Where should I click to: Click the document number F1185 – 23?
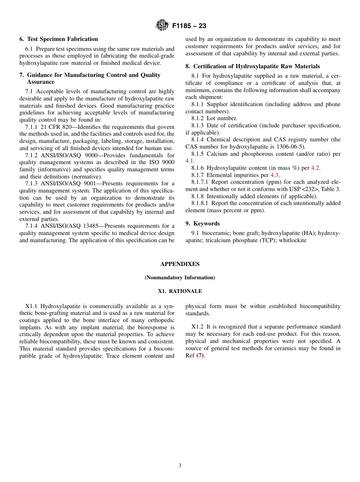tap(189, 26)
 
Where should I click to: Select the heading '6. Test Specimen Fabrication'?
tap(58, 39)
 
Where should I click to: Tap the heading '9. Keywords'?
tap(202, 224)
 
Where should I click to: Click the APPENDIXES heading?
tap(180, 264)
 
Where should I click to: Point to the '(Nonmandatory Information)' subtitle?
tap(180, 278)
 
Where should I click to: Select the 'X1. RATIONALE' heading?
tap(180, 291)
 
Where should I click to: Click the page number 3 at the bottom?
tap(180, 466)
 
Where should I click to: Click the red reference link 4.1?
tap(189, 161)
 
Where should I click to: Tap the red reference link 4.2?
tap(315, 168)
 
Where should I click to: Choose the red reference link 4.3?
tap(274, 175)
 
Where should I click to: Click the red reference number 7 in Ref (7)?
tap(200, 356)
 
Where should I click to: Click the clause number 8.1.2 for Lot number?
tap(197, 118)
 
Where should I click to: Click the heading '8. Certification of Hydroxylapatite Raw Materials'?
tap(252, 66)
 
